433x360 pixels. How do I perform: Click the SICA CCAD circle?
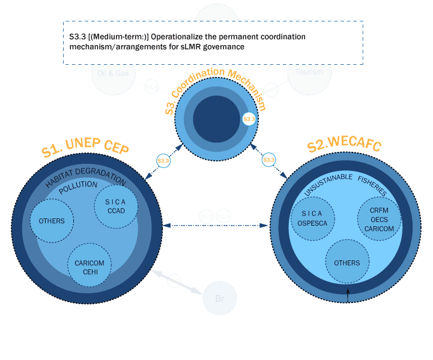117,206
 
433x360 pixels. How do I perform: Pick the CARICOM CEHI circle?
89,267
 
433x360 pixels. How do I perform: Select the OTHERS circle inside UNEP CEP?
52,221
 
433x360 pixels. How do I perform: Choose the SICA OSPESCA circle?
312,218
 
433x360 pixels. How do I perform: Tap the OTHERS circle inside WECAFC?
347,263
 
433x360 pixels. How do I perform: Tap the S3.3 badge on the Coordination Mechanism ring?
249,119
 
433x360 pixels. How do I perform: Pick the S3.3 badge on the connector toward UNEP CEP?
163,161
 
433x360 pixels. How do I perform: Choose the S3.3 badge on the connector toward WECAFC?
268,160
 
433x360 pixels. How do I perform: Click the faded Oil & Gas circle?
114,73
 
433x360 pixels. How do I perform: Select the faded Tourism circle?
309,72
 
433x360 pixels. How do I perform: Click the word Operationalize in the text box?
177,37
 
